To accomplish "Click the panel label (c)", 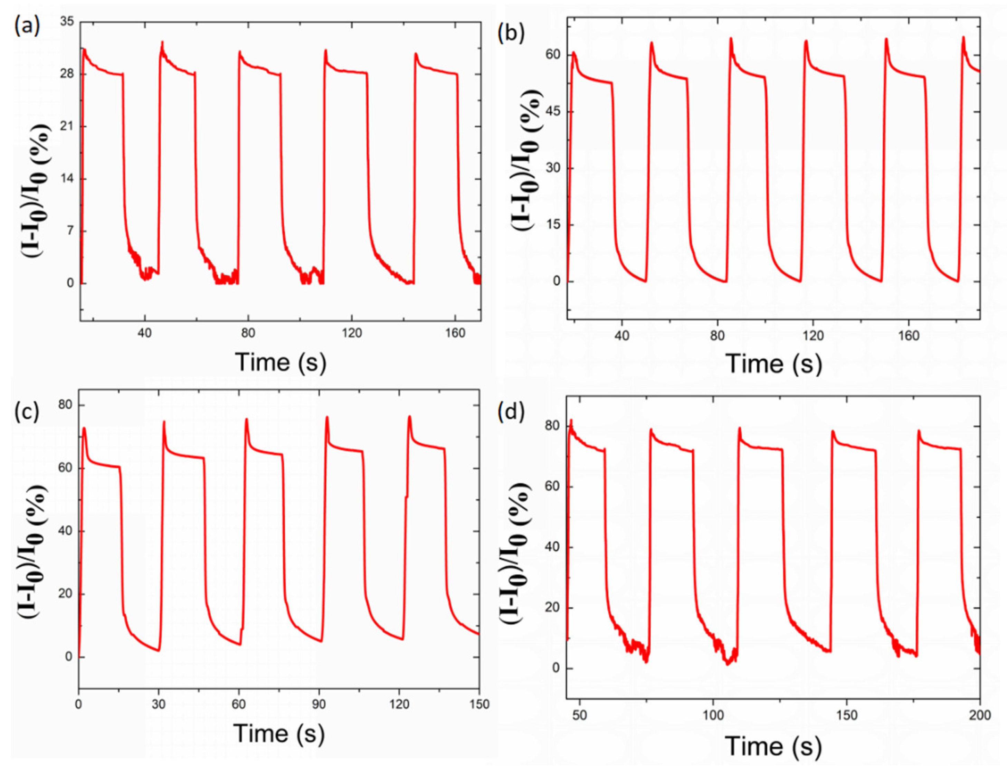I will click(x=26, y=411).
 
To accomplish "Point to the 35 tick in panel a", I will click(x=67, y=22).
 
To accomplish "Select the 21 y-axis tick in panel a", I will click(x=67, y=127).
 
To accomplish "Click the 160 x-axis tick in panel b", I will click(x=909, y=335).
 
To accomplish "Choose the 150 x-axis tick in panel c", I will click(x=479, y=704).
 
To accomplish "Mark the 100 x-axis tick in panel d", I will click(x=713, y=715).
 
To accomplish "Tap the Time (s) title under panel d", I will click(x=773, y=746).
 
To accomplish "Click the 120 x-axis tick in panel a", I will click(x=352, y=333).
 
